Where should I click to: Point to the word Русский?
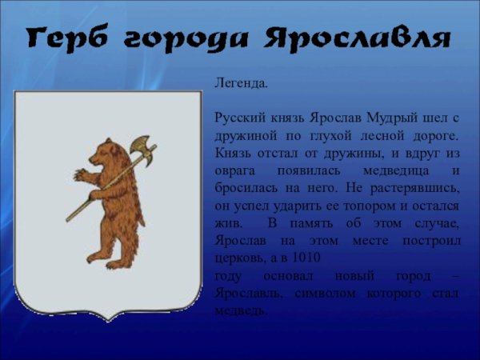pyautogui.click(x=239, y=118)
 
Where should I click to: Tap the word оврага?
pyautogui.click(x=235, y=171)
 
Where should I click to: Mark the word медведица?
pyautogui.click(x=378, y=171)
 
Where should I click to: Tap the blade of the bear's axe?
pyautogui.click(x=142, y=149)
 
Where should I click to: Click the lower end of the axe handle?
pyautogui.click(x=70, y=218)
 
